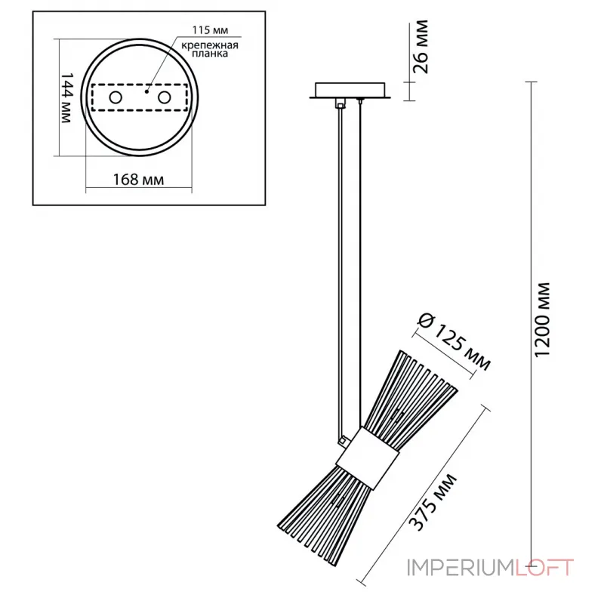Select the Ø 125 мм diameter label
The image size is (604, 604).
pos(452,343)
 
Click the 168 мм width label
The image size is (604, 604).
pos(139,179)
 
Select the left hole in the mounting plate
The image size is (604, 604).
pos(116,97)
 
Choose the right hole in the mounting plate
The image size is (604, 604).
pos(163,97)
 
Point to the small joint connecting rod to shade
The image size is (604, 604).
pos(344,438)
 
